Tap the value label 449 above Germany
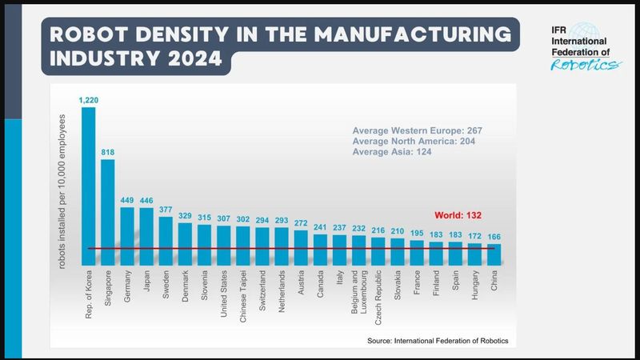pyautogui.click(x=126, y=201)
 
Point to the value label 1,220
pyautogui.click(x=88, y=101)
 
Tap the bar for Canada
pyautogui.click(x=320, y=250)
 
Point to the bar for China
pyautogui.click(x=494, y=255)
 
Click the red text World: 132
pyautogui.click(x=458, y=215)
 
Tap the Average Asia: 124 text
pyautogui.click(x=392, y=152)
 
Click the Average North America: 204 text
pyautogui.click(x=417, y=141)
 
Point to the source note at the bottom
pyautogui.click(x=438, y=341)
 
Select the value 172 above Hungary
pyautogui.click(x=474, y=238)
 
